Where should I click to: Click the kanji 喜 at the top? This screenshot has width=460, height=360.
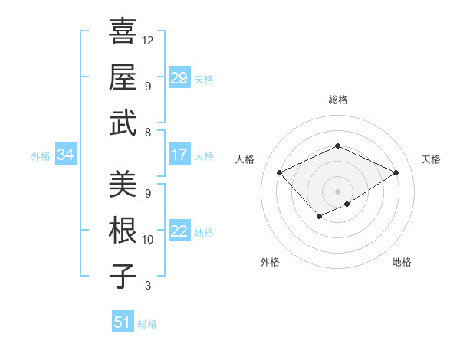point(123,32)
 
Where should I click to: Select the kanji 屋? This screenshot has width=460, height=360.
point(123,77)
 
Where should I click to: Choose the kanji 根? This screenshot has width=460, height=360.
point(123,229)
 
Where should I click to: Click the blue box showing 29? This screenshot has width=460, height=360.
point(179,77)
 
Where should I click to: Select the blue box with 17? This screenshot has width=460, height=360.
point(179,155)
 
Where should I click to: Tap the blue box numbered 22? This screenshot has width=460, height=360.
point(179,232)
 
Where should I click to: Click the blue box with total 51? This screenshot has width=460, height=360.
point(123,322)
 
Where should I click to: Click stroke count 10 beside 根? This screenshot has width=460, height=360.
point(148,240)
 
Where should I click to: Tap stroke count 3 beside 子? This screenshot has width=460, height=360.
point(147,286)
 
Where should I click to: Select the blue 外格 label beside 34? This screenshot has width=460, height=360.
point(41,156)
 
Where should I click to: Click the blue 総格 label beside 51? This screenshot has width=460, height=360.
point(147,323)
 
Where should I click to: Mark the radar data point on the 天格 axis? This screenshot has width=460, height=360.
point(396,172)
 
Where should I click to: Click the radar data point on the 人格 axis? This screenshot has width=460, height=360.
point(280,172)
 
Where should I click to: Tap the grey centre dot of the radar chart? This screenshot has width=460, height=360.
point(337,191)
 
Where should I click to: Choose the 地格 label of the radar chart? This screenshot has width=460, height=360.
point(402,262)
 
